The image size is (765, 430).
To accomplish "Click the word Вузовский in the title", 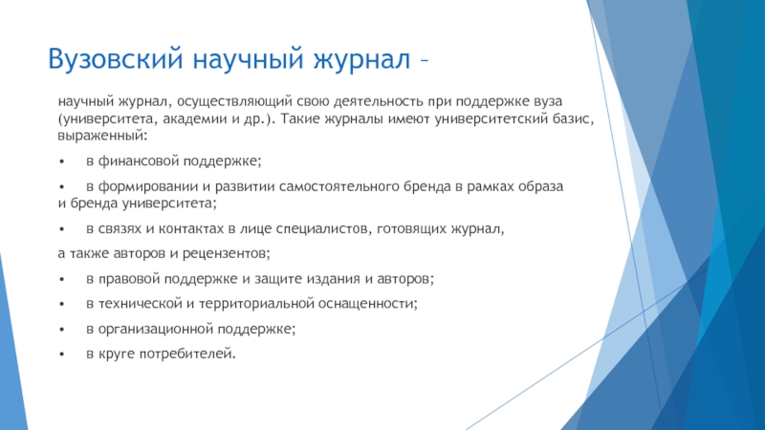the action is point(115,59).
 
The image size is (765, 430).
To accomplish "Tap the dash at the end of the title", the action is point(424,60).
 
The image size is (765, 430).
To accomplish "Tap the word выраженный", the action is point(100,136).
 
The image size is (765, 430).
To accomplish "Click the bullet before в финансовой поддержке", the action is point(61,161).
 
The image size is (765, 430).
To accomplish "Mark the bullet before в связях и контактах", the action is point(61,228).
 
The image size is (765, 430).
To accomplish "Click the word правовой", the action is point(129,279).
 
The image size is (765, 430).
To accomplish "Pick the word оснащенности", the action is point(366,304).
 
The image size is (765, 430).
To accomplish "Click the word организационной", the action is point(156,329).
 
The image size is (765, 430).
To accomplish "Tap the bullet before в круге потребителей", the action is point(61,355).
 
